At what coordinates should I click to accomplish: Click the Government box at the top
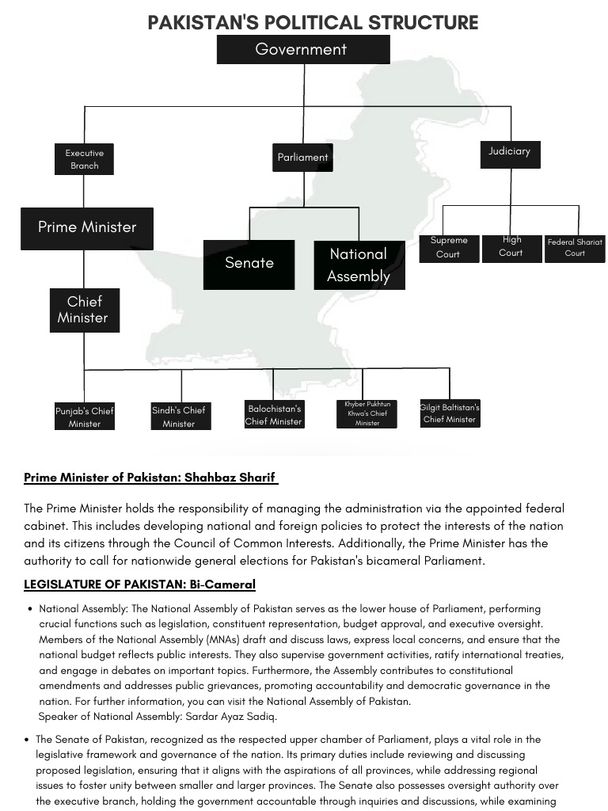303,49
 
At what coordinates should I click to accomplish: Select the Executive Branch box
84,159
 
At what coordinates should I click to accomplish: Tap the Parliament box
302,158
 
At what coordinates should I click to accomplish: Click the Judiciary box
509,152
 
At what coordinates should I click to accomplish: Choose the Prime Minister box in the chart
87,227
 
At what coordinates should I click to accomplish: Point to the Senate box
249,264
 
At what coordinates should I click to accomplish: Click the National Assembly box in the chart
359,265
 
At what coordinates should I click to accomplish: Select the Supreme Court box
449,247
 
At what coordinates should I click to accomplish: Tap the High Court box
511,246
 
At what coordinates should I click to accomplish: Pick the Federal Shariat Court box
575,248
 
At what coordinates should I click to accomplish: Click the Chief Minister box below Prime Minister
83,310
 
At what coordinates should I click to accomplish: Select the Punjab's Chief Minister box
85,417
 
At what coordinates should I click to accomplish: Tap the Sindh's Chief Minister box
181,417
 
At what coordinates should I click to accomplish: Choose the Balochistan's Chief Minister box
274,415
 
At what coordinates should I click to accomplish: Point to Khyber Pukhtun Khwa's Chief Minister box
367,413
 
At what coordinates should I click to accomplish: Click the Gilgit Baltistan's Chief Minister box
450,413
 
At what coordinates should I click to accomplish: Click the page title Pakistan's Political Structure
313,22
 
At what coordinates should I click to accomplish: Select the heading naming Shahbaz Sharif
150,478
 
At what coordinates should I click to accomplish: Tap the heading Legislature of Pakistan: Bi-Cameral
139,584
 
